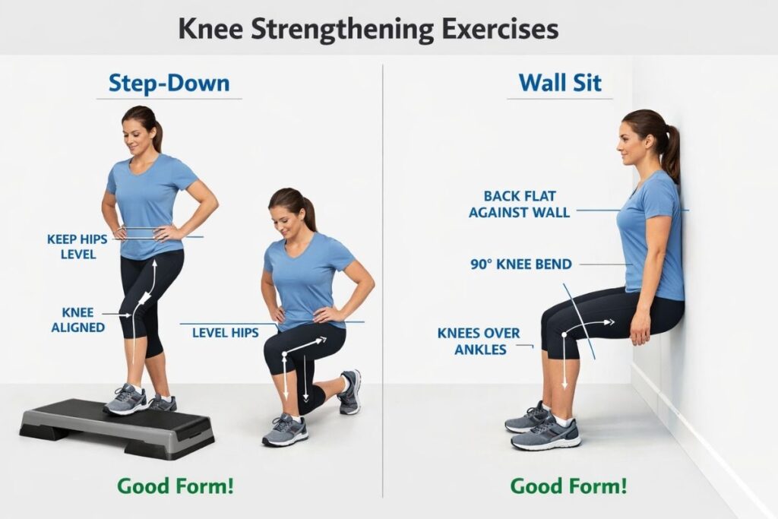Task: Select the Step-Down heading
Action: tap(169, 83)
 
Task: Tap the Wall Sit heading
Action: tap(559, 83)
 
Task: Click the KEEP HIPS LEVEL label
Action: tap(77, 246)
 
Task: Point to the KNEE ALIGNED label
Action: tap(77, 320)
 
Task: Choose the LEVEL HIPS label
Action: tap(225, 332)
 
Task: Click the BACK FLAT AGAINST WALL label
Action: tap(519, 204)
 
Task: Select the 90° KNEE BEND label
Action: tap(521, 264)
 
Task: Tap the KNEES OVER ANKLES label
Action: tap(479, 341)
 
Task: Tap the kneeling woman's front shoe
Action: tap(285, 431)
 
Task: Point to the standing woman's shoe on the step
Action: tap(126, 400)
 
